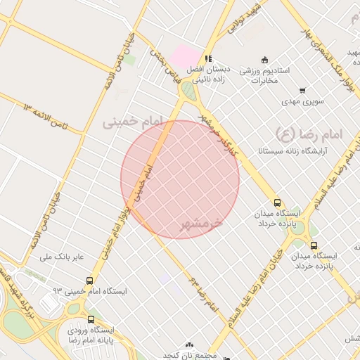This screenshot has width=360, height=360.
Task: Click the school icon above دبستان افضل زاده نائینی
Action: click(207, 58)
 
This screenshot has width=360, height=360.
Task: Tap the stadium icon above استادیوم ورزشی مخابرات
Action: click(264, 60)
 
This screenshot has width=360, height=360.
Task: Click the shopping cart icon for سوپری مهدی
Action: click(302, 90)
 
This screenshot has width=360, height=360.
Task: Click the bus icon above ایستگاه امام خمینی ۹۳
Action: click(90, 279)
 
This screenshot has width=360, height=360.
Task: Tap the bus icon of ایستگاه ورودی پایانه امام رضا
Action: click(91, 319)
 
